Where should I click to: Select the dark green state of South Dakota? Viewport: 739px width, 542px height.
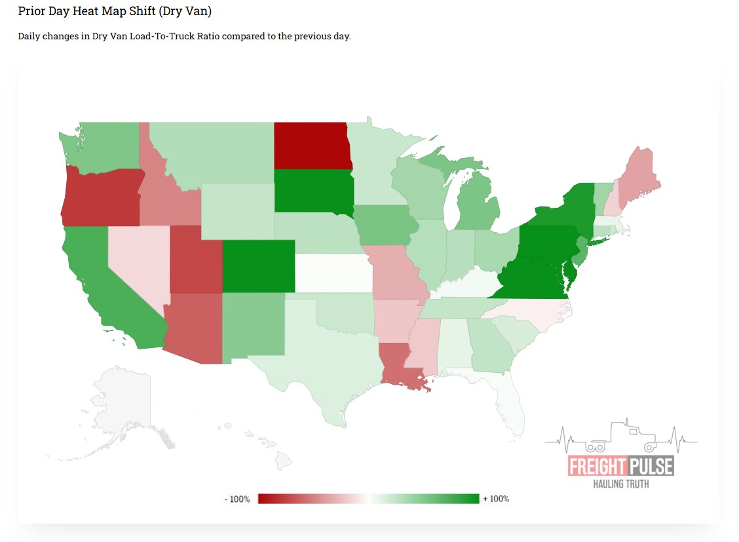(x=312, y=191)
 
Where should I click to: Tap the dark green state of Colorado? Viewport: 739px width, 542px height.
(x=258, y=266)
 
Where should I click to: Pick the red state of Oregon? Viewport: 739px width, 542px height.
(x=102, y=196)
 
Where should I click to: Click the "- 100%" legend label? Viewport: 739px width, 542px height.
(x=237, y=499)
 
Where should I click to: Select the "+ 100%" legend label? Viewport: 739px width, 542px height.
(x=496, y=499)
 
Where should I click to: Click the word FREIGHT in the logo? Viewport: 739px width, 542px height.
(x=596, y=467)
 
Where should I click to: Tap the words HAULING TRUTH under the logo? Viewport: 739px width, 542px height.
(x=620, y=484)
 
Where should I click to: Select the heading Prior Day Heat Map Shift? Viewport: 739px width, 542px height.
(x=115, y=12)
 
